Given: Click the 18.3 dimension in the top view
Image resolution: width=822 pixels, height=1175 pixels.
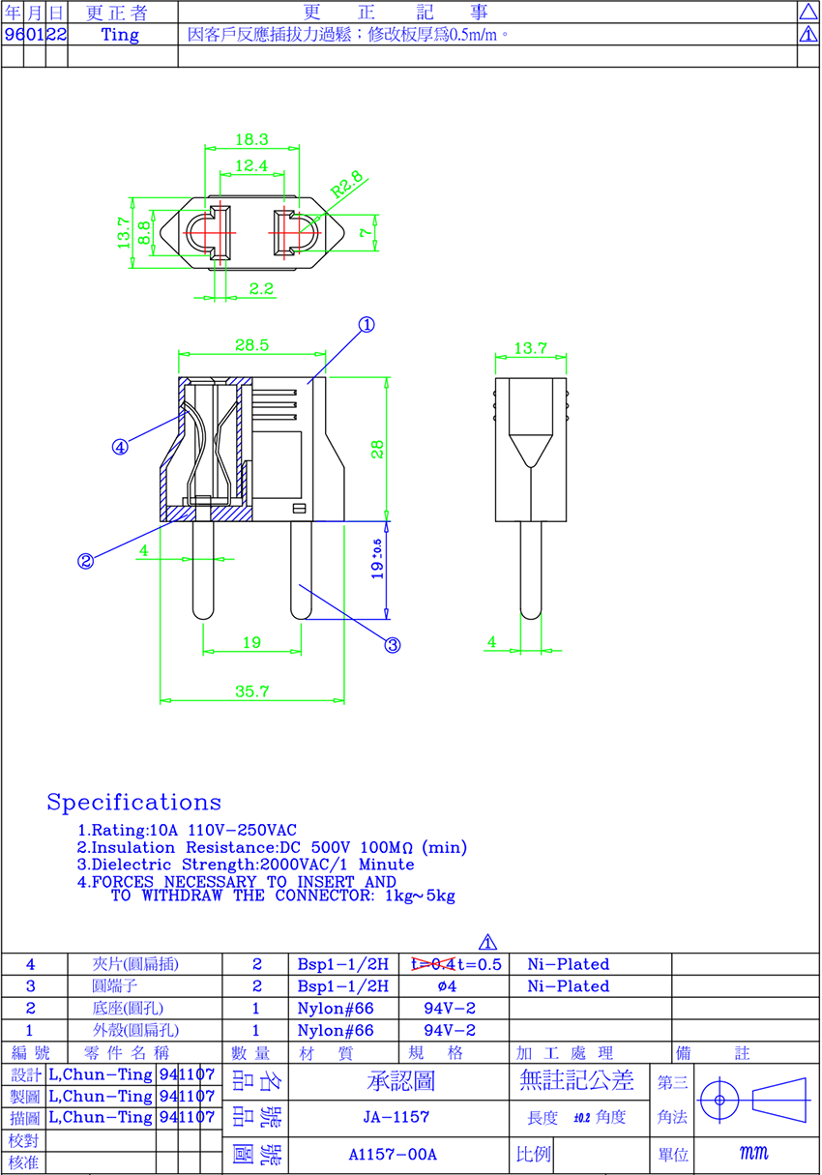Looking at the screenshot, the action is pos(251,139).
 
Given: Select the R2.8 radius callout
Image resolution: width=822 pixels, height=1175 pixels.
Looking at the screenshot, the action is pos(347,184).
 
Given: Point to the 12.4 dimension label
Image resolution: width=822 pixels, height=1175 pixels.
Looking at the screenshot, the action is pos(251,165).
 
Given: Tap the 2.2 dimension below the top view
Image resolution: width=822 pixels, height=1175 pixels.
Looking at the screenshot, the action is pos(261,288).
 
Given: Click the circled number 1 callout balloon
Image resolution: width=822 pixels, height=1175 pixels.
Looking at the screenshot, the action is pos(367,325).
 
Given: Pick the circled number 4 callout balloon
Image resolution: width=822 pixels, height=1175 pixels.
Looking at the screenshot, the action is pos(120,447).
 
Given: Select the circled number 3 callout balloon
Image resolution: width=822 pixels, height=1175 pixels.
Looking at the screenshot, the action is pos(393,645).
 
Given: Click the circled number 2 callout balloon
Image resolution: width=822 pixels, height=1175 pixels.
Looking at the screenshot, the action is pos(85,561).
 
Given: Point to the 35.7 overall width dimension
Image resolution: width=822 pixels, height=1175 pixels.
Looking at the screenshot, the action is pos(251,690).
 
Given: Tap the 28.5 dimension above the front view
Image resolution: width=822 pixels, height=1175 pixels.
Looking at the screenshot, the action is pos(251,345).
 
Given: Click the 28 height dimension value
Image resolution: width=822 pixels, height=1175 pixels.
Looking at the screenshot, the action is pos(377,450).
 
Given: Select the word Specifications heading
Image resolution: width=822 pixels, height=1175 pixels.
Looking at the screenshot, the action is pos(134,802).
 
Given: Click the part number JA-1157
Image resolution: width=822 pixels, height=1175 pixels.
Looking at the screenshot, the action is pos(396,1117).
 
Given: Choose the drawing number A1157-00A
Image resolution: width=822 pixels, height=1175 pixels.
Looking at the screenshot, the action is pos(393,1154).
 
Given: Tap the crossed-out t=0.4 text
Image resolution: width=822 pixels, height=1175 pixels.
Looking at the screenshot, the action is pos(433,964).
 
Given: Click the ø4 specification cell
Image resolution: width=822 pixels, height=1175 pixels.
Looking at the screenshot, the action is pos(447,986).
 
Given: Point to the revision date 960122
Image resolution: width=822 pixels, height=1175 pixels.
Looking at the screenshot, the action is pos(36,35).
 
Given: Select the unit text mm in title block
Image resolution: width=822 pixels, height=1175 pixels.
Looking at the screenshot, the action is pos(753,1153).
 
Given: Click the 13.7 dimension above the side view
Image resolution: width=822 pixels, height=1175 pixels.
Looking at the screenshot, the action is pos(530,348).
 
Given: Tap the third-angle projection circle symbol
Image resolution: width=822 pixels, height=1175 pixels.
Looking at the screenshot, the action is pos(719,1100).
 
